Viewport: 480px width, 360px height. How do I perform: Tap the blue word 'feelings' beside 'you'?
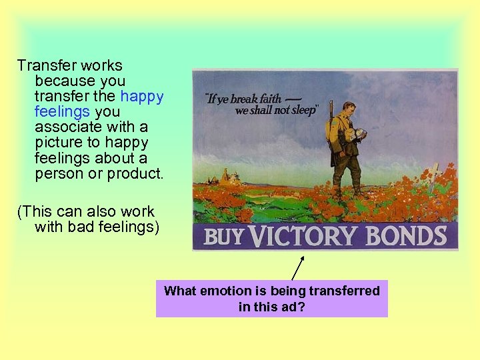(x=63, y=111)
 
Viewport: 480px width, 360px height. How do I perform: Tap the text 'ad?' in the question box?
(x=292, y=307)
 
